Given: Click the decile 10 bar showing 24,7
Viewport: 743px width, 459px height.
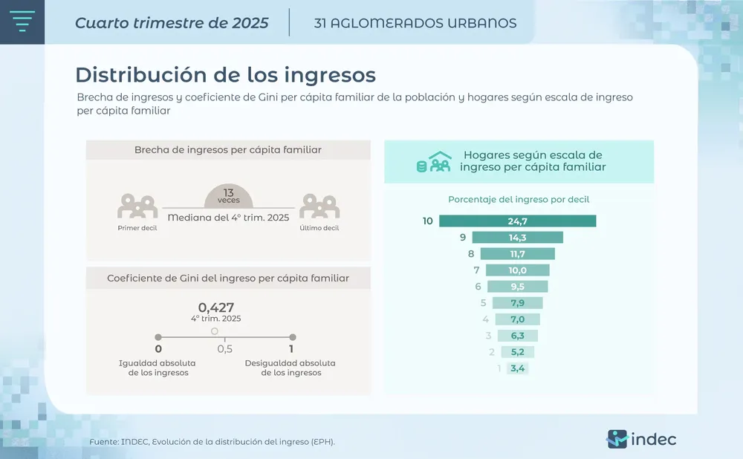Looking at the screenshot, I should point(517,221).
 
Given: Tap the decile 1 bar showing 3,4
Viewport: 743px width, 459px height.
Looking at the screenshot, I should point(517,368).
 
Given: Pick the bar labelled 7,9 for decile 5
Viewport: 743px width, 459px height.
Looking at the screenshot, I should point(517,303).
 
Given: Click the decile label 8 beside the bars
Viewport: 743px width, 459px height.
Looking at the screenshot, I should point(471,254).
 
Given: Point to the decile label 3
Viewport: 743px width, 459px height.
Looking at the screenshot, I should point(487,336).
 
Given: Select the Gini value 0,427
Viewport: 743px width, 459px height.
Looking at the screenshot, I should point(216,307).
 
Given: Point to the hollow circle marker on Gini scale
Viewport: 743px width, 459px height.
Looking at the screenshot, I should point(215,331).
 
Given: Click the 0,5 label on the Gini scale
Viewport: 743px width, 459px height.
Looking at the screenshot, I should point(224,349).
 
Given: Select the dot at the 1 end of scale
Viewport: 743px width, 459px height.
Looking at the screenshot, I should point(292,337).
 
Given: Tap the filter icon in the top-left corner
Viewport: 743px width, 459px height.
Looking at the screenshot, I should point(23,22).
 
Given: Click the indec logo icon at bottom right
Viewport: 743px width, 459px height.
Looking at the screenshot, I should point(617,439).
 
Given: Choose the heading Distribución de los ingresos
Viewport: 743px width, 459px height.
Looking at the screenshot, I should point(225,75).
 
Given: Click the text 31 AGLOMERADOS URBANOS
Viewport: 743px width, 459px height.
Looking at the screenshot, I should point(415,23).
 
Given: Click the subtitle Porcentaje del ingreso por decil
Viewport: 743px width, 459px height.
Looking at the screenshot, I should point(519,199).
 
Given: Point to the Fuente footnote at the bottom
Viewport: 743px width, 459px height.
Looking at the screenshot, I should point(212,442).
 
